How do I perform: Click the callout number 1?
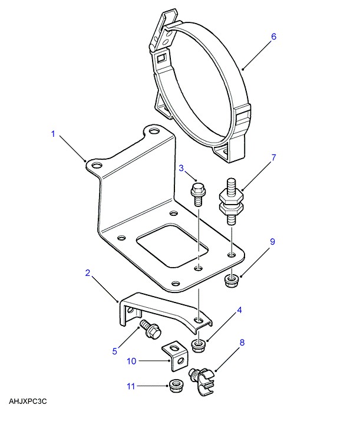click(52, 134)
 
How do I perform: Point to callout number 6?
click(273, 36)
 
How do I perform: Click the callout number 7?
click(273, 158)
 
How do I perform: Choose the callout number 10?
click(132, 360)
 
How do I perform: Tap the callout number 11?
click(131, 386)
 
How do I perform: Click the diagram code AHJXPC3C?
click(28, 402)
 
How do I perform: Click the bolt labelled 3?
click(197, 193)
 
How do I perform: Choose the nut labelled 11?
click(174, 387)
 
